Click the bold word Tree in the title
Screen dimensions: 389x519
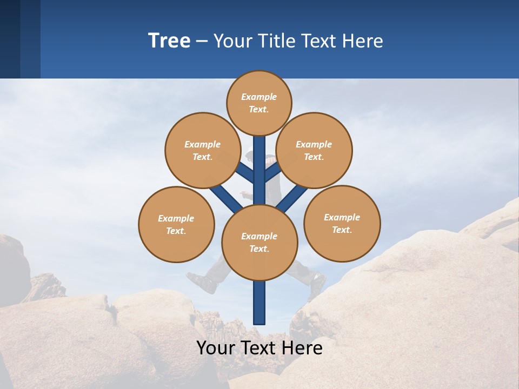169,41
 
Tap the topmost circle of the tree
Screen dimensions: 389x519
259,103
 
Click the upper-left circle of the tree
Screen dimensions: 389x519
203,150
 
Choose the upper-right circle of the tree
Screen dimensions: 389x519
314,150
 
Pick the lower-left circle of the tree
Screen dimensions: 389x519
176,224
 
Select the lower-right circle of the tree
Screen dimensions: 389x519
342,223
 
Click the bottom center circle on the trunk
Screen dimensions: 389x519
259,242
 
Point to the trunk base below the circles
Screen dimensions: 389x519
259,308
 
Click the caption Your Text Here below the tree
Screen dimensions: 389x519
259,347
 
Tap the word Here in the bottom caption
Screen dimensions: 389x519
303,347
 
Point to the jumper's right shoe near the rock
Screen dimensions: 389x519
316,283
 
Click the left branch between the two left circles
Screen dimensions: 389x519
224,195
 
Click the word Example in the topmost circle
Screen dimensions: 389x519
259,97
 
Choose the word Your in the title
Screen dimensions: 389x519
232,41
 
